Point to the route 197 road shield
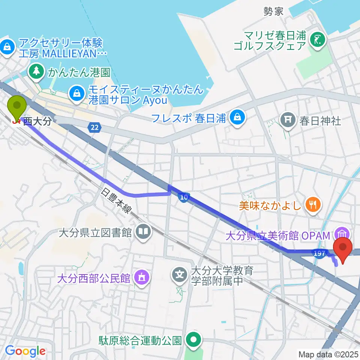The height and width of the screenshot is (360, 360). click(x=319, y=254)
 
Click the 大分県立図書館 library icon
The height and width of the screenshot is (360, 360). click(x=143, y=232)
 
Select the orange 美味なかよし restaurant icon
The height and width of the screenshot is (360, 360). click(x=312, y=205)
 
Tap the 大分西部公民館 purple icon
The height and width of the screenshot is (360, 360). click(x=141, y=278)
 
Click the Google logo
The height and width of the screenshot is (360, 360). click(x=25, y=351)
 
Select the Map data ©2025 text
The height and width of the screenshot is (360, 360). click(x=328, y=354)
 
